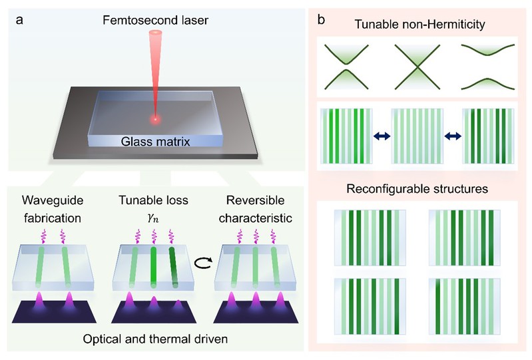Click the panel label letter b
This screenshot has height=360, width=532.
point(322,20)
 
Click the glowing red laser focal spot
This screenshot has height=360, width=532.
point(154,120)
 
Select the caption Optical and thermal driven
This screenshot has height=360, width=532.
point(156,339)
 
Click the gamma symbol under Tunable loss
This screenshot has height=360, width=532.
point(155,217)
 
